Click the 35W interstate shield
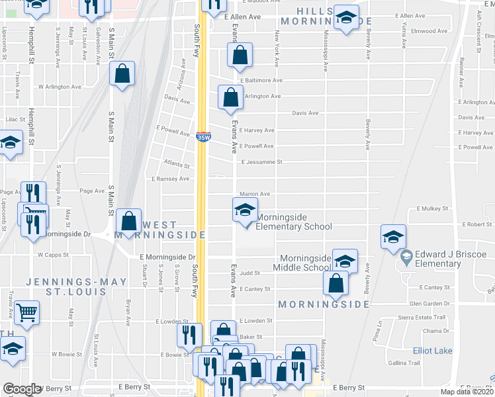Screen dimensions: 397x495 click(203, 137)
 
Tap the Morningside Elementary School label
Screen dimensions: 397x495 click(293, 222)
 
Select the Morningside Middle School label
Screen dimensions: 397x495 click(305, 262)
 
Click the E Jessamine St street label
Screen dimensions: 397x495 click(261, 162)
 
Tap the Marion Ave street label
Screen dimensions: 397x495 click(255, 194)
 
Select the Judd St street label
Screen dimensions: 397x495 click(249, 273)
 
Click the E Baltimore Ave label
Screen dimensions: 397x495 click(261, 81)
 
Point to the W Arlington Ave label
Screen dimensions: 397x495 click(60, 87)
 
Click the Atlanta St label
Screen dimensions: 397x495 click(177, 166)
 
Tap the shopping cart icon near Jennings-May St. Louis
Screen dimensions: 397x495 click(27, 311)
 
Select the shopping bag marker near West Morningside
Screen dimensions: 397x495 click(130, 220)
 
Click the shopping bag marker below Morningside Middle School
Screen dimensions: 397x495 click(336, 283)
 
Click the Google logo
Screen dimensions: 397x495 click(22, 390)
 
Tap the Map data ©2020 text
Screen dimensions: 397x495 click(467, 391)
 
